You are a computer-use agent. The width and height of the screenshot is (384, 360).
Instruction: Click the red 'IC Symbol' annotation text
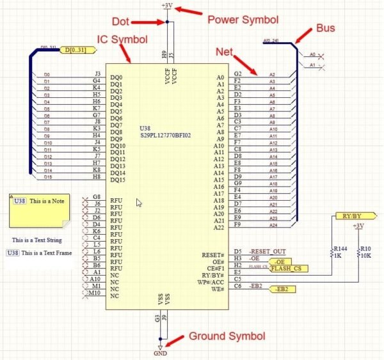(121, 40)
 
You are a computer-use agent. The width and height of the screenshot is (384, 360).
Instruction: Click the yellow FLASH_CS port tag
(285, 269)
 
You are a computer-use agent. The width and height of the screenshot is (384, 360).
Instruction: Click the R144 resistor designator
(340, 248)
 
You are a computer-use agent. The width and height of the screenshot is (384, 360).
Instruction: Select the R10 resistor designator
(365, 248)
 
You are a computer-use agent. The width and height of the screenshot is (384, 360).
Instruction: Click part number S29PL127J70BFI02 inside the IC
(166, 136)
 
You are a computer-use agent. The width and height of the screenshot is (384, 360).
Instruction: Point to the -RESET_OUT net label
(268, 252)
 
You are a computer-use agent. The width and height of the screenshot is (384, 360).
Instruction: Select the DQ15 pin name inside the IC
(118, 180)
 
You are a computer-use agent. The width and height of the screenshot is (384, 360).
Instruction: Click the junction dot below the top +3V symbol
(168, 21)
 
